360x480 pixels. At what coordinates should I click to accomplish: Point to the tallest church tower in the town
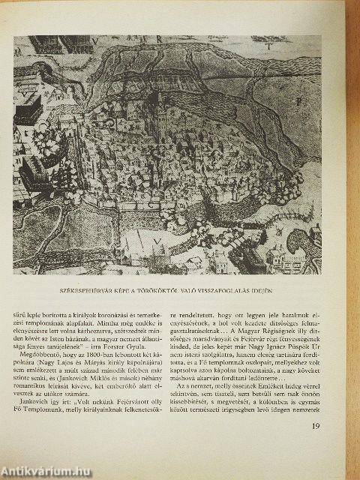click(160, 112)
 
